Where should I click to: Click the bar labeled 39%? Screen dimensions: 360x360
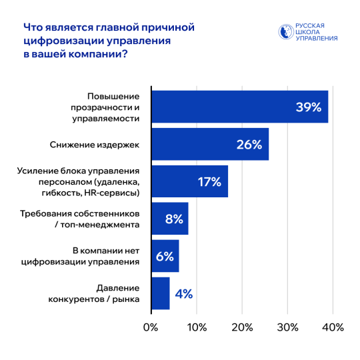click(x=239, y=107)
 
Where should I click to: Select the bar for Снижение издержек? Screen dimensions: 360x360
click(x=209, y=144)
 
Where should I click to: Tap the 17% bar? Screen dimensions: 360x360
click(x=189, y=181)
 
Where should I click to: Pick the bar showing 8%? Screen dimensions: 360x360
click(x=169, y=219)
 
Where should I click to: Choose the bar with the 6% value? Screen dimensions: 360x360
click(x=165, y=256)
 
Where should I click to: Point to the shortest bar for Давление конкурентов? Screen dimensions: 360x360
click(x=160, y=293)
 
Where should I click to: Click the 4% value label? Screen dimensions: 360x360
click(x=183, y=293)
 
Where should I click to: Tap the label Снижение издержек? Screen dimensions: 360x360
click(x=95, y=144)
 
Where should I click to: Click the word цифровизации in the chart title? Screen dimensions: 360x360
click(x=64, y=41)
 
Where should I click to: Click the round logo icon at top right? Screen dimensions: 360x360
click(x=285, y=32)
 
